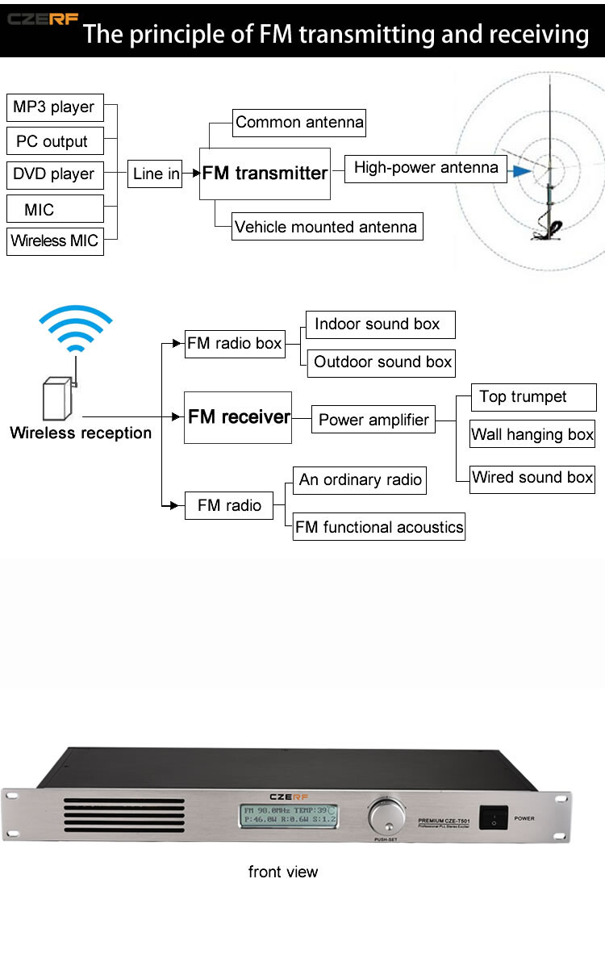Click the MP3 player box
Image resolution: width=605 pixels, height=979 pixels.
[x=55, y=107]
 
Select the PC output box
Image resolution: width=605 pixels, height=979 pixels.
[x=55, y=141]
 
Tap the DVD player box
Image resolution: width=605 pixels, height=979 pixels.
[x=55, y=174]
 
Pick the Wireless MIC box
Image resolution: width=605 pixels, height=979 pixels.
[x=55, y=241]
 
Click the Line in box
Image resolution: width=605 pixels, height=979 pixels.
[x=156, y=174]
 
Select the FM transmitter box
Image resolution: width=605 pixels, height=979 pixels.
[x=265, y=174]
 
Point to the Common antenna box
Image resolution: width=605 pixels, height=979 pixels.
[x=299, y=123]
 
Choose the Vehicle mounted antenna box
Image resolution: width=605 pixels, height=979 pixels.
[x=327, y=227]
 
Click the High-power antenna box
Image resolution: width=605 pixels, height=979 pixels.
[x=426, y=168]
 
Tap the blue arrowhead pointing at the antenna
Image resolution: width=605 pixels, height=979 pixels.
[x=521, y=170]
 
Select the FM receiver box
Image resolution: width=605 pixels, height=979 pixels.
[x=238, y=417]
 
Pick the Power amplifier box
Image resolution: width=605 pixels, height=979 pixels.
[x=374, y=420]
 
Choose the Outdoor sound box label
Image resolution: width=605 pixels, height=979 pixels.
[x=382, y=362]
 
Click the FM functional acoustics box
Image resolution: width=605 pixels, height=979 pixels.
[x=379, y=527]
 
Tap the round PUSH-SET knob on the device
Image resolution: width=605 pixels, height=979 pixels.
[x=387, y=817]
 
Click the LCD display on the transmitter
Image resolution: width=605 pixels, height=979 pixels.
[x=290, y=815]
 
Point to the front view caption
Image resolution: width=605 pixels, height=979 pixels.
[x=283, y=872]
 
